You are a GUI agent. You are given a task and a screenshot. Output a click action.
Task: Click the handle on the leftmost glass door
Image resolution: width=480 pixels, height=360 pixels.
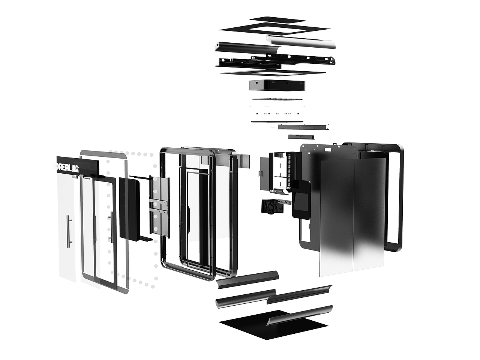67,231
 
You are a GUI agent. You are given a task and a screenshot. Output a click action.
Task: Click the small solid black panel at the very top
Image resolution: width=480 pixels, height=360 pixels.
277,19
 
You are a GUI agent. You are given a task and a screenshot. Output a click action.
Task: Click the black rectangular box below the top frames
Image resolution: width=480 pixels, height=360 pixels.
277,85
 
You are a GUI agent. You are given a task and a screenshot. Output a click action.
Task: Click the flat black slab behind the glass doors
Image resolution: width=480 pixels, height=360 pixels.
129,208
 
